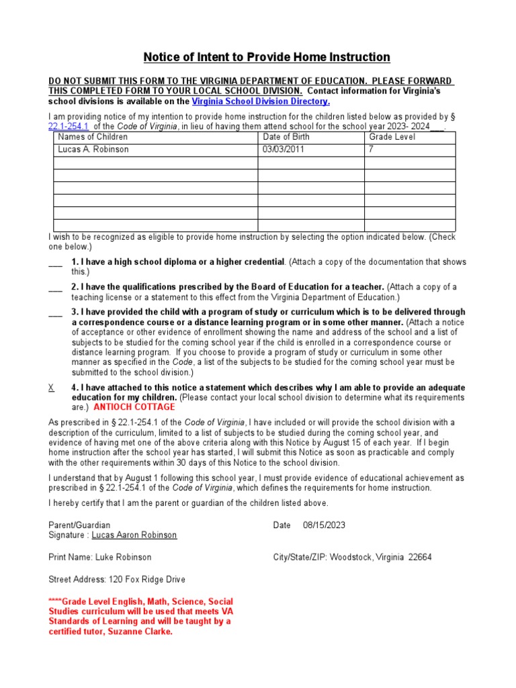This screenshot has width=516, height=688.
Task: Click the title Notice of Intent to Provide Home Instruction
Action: pyautogui.click(x=267, y=57)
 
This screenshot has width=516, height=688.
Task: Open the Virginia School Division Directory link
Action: pyautogui.click(x=261, y=101)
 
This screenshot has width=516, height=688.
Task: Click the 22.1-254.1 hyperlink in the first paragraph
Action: pyautogui.click(x=69, y=126)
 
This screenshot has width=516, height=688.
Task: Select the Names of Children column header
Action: pyautogui.click(x=93, y=137)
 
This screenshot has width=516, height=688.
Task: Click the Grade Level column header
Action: pyautogui.click(x=392, y=137)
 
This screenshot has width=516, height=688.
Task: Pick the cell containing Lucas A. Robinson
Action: pyautogui.click(x=93, y=150)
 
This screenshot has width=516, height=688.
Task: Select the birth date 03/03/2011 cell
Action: pyautogui.click(x=284, y=150)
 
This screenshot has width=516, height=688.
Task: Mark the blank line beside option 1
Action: pyautogui.click(x=55, y=263)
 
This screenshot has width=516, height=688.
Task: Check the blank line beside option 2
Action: pyautogui.click(x=55, y=288)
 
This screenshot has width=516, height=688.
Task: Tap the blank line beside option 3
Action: pyautogui.click(x=55, y=312)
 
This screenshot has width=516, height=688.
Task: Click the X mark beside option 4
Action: pyautogui.click(x=52, y=388)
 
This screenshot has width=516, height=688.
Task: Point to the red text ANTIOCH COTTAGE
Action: pyautogui.click(x=134, y=407)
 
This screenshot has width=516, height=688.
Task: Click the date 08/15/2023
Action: pyautogui.click(x=324, y=525)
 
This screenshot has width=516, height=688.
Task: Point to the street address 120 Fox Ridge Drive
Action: pyautogui.click(x=146, y=579)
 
